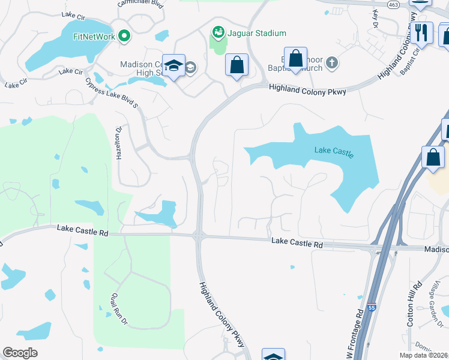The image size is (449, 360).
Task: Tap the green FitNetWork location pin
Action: click(125, 37)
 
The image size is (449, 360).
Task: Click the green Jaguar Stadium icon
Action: click(217, 32)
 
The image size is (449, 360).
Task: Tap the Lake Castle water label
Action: click(334, 151)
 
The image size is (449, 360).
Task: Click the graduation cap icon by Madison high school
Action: click(173, 66)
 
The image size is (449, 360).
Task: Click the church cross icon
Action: click(330, 63)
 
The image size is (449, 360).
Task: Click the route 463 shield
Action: click(394, 4)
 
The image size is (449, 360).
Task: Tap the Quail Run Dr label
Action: click(117, 308)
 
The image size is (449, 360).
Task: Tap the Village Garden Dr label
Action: click(439, 306)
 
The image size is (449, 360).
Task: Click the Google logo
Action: click(20, 353)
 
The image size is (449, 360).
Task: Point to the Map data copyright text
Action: click(423, 355)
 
